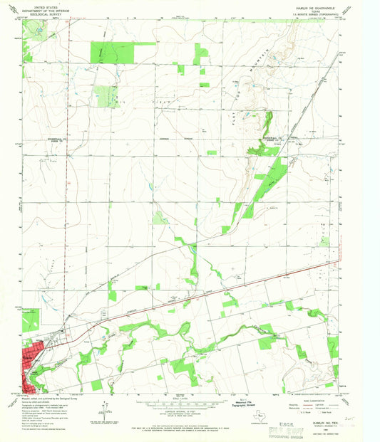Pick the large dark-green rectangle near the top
(112, 52)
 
